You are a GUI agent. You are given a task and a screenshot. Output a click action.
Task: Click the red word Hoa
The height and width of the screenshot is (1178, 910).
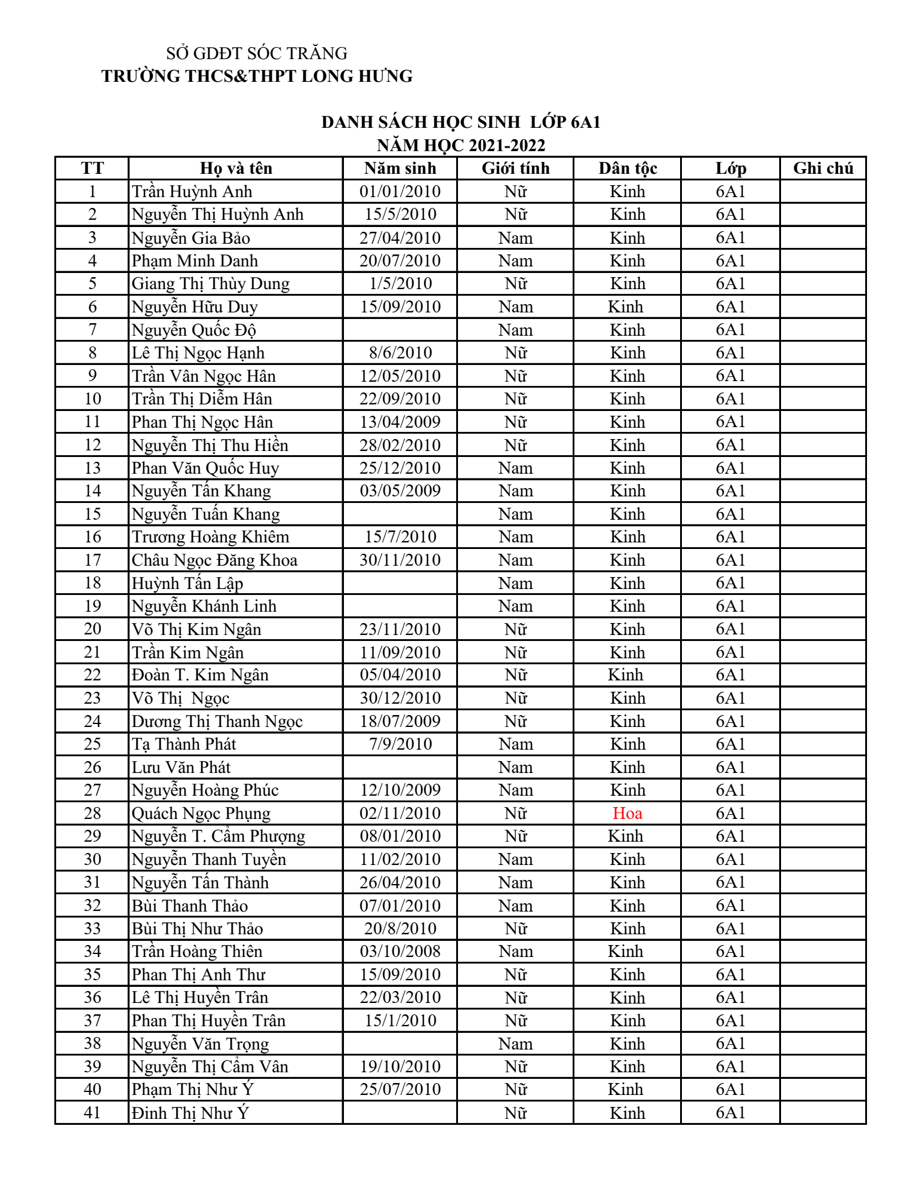[627, 813]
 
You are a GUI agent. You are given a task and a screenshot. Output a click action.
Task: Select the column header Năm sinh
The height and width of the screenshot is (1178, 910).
[400, 168]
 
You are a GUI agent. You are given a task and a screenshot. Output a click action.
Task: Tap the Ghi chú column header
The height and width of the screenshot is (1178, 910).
[823, 168]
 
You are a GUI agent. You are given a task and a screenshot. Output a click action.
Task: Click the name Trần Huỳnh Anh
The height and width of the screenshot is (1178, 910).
[192, 192]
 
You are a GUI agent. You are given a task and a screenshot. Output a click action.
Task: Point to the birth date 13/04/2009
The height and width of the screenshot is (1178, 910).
[400, 422]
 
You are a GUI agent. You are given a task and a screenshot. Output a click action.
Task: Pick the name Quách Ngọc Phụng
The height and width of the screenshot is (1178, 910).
[201, 814]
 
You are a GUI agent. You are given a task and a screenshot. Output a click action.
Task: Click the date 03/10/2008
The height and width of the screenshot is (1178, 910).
[400, 951]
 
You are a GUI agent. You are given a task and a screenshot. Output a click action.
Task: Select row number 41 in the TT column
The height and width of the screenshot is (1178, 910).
[93, 1112]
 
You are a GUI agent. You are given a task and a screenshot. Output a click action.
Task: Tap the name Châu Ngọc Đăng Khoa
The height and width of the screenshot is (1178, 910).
[214, 560]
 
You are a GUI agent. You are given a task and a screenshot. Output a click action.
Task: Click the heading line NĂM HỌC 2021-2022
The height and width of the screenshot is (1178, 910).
[461, 145]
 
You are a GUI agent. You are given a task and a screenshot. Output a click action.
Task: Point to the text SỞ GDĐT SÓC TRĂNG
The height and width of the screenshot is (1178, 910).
[257, 54]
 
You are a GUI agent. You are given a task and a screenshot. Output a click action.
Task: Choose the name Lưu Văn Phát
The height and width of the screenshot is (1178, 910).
[181, 768]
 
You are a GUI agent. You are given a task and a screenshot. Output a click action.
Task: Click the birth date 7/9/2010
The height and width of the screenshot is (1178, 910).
[400, 744]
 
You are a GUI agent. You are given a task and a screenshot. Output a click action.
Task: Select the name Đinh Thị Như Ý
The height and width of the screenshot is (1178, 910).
[190, 1113]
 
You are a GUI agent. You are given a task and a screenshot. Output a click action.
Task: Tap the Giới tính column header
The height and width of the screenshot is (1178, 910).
[515, 168]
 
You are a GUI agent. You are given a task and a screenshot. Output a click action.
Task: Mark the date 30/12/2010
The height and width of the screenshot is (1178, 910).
[400, 698]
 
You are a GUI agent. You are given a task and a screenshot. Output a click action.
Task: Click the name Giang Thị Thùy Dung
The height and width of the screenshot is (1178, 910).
[210, 284]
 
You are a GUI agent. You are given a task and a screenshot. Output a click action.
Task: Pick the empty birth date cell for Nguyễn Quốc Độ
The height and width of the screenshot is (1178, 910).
[400, 330]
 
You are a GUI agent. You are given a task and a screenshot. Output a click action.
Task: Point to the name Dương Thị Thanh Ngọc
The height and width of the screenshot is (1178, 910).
[217, 722]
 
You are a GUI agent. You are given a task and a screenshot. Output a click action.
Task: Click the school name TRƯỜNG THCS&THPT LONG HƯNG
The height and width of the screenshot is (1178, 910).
[257, 76]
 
